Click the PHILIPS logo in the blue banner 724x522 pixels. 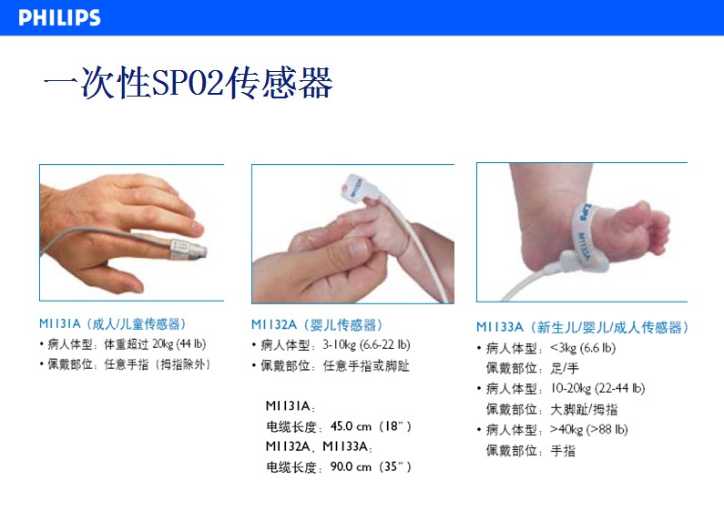(x=59, y=17)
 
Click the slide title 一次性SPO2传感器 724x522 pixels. (x=188, y=82)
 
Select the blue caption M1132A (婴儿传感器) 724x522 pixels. (x=317, y=324)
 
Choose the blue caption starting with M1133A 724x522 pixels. (x=582, y=328)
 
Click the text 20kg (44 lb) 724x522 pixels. (x=178, y=344)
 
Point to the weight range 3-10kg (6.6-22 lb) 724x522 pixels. (x=366, y=344)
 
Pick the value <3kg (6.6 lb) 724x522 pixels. (x=583, y=348)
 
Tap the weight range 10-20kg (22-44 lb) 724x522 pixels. (x=597, y=388)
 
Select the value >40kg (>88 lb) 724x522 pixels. (x=588, y=430)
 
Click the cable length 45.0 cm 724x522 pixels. (x=351, y=426)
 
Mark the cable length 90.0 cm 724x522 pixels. (x=351, y=467)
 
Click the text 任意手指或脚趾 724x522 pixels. (x=366, y=366)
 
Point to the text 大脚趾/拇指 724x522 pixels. (x=584, y=409)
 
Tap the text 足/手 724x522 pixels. (x=565, y=368)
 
